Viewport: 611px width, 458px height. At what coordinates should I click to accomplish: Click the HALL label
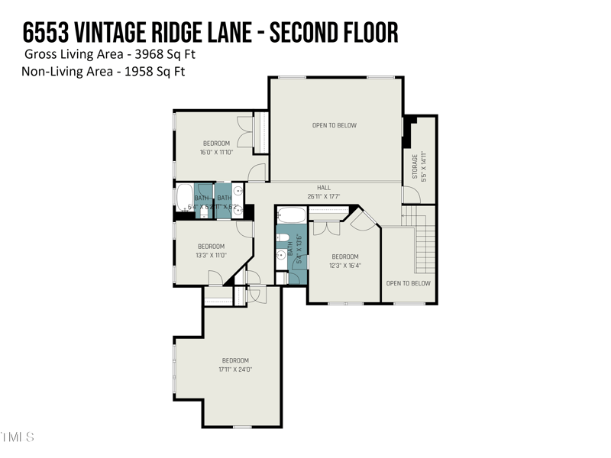point(324,187)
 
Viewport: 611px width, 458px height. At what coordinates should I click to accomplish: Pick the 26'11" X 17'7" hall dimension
point(324,196)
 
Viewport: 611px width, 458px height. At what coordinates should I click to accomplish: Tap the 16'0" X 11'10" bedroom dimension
point(216,152)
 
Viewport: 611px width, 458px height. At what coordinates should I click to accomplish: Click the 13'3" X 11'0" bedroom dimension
point(212,255)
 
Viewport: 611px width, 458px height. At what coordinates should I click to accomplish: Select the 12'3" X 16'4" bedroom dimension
point(345,266)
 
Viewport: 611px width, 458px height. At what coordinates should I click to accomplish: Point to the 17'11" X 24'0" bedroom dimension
point(236,369)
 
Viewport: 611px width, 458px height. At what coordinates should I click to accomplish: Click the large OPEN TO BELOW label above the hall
point(335,125)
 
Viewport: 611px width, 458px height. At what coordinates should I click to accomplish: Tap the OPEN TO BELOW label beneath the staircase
point(408,283)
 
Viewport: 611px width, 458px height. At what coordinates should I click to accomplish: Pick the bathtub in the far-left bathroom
point(185,198)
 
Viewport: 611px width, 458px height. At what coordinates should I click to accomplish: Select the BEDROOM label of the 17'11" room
point(235,360)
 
